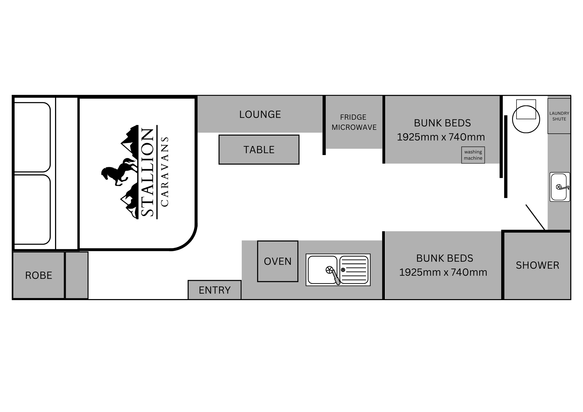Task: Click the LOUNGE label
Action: [260, 114]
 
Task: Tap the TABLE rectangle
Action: [259, 150]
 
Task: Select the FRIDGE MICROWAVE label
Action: [354, 122]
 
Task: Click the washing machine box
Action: [473, 155]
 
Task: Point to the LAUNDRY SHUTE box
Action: [559, 116]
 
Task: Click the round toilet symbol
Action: [526, 119]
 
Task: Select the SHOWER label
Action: [537, 265]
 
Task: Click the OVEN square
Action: [278, 261]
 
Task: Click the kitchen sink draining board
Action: [354, 270]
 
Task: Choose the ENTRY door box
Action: [215, 290]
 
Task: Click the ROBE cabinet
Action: [38, 275]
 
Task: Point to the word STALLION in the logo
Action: [147, 172]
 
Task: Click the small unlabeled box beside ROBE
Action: [77, 275]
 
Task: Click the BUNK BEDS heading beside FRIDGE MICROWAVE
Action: [442, 123]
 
